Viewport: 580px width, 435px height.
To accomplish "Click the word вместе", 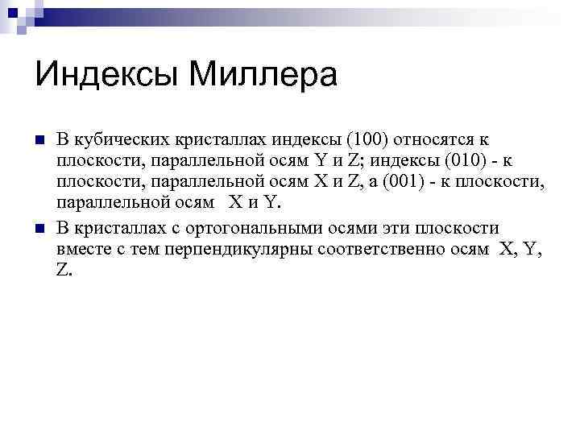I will pos(84,250).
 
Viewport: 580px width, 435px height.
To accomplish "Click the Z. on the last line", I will pos(64,271).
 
